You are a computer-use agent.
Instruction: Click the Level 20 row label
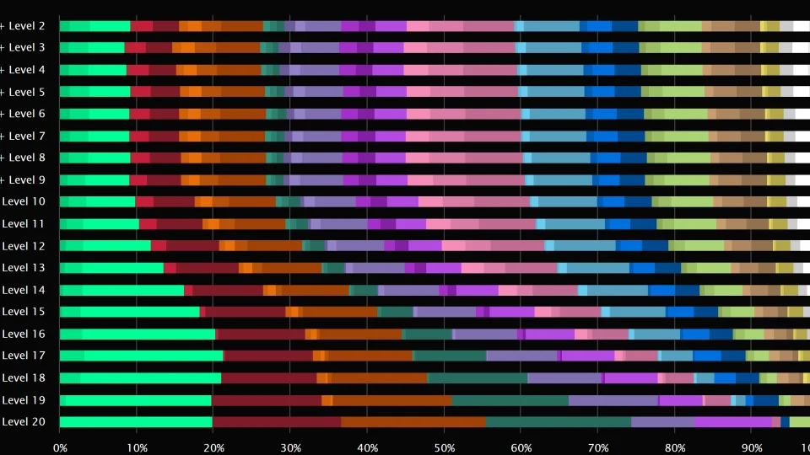click(24, 422)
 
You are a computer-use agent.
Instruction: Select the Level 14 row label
click(24, 290)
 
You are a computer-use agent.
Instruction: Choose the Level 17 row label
click(24, 356)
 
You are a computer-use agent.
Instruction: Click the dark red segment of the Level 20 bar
click(277, 422)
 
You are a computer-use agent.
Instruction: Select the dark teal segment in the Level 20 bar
click(558, 422)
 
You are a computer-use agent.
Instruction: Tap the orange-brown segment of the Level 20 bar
click(413, 422)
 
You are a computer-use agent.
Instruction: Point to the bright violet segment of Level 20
click(732, 422)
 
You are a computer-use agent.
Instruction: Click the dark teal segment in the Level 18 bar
click(478, 377)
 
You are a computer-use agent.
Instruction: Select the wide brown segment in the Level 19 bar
click(392, 400)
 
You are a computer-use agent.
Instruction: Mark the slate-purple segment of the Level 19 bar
click(613, 400)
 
